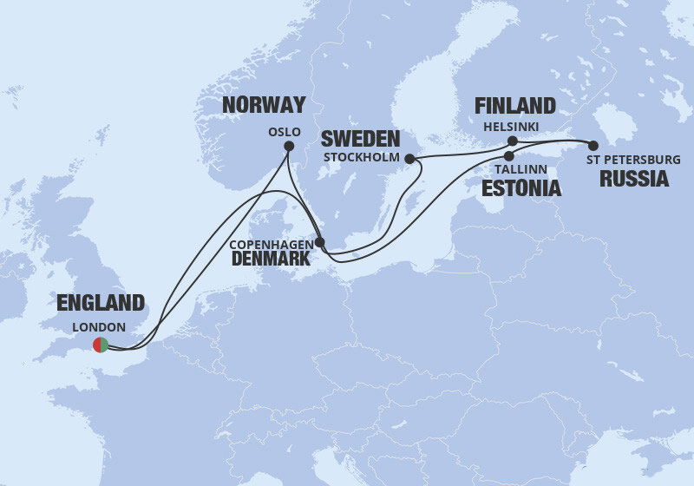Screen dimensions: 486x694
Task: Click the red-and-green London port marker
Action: tap(101, 345)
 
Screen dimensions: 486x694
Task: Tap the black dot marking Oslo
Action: tap(289, 147)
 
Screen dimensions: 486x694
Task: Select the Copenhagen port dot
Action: tap(320, 243)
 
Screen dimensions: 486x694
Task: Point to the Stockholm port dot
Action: tap(409, 159)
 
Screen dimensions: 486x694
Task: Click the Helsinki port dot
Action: tap(513, 141)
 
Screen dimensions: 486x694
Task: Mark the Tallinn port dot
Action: tap(509, 156)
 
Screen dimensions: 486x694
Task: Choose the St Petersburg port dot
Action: tap(593, 145)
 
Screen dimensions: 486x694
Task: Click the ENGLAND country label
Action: tap(100, 303)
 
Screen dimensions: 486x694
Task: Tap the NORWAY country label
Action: tap(264, 105)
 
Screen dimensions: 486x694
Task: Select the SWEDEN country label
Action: tap(360, 139)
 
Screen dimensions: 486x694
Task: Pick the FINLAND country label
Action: tap(514, 106)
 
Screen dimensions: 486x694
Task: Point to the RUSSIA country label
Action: tap(635, 180)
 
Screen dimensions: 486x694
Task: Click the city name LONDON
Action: tap(101, 327)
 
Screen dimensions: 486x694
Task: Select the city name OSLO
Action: tap(285, 132)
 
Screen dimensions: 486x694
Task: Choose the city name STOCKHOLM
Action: tap(361, 158)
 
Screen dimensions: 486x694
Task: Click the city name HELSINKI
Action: tap(512, 127)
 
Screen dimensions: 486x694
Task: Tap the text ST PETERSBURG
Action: tap(632, 160)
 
